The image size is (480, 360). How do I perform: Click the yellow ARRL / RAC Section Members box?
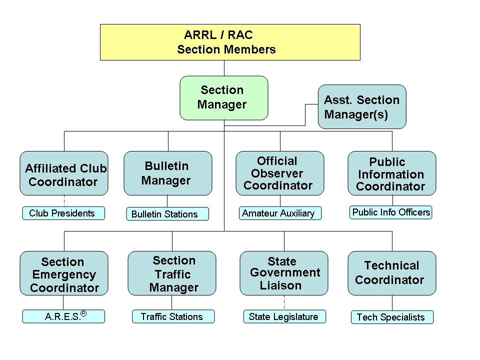tap(230, 42)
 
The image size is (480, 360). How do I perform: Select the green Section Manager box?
tap(223, 98)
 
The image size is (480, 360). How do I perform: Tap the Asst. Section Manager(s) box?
tap(362, 106)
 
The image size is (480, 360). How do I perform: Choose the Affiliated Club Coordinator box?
tap(64, 173)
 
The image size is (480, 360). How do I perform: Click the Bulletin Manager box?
tap(168, 173)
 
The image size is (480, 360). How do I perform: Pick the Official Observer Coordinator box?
tap(280, 173)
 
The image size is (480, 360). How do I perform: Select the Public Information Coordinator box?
tap(392, 173)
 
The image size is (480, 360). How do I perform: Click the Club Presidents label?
tap(63, 213)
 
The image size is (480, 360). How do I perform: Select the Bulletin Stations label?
tap(167, 214)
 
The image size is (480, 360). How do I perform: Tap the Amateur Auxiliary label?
tap(280, 213)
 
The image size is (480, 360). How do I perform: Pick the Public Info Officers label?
tap(391, 212)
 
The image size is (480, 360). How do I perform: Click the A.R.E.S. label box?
tap(63, 316)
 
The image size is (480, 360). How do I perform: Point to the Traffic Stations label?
tap(173, 316)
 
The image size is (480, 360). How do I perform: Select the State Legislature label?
tap(284, 316)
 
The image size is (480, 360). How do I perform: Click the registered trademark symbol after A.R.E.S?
tap(83, 314)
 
